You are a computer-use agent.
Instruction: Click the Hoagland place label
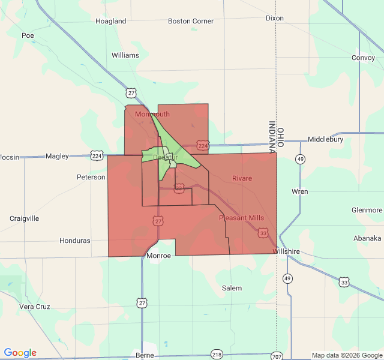pos(111,21)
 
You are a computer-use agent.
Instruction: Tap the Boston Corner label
pos(191,21)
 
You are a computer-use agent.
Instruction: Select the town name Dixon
pos(274,18)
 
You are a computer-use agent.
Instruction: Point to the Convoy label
pos(363,58)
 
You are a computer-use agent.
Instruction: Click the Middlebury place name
pos(325,139)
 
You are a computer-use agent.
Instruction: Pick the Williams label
pos(125,55)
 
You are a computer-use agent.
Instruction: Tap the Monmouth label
pos(152,114)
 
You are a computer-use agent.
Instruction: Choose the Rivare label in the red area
pos(242,178)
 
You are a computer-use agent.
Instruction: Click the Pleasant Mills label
pos(241,218)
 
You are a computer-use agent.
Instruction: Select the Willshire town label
pos(287,251)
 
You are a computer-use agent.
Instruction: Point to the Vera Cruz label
pos(34,306)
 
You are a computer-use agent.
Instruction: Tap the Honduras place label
pos(74,241)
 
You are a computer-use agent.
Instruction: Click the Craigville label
pos(24,218)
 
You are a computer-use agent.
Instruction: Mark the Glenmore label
pos(367,210)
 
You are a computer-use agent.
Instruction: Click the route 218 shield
pos(217,355)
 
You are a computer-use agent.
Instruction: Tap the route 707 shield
pos(275,356)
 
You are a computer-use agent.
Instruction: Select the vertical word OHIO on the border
pos(280,127)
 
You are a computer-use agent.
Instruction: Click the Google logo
pos(20,353)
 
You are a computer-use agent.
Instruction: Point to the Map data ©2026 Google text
pos(346,355)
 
